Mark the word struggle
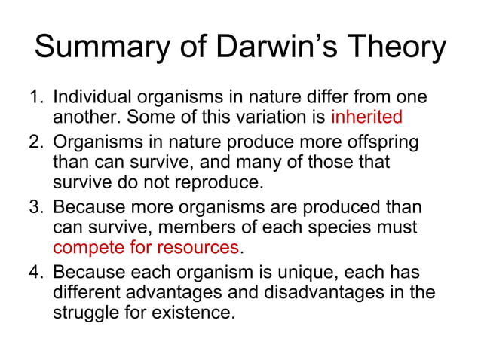[84, 310]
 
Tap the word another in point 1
[81, 118]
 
